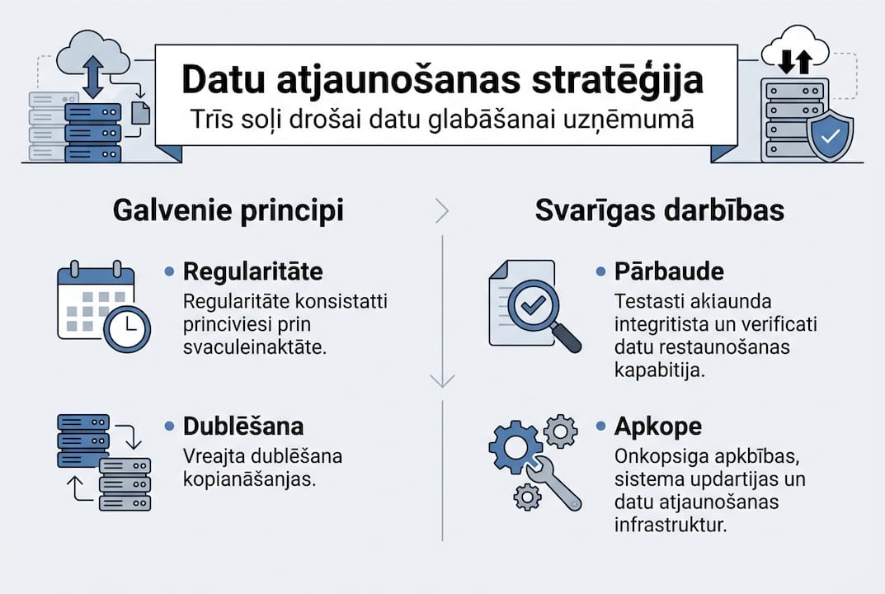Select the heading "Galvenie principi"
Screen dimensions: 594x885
(228, 211)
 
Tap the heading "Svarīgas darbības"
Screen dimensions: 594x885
(659, 211)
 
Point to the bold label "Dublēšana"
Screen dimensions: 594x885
(243, 427)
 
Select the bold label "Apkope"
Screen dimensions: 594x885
(658, 427)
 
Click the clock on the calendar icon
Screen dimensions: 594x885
(127, 328)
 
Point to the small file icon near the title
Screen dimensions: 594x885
(141, 112)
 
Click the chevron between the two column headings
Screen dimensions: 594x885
(442, 212)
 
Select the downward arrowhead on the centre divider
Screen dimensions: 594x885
(442, 380)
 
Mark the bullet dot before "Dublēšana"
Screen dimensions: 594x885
(169, 427)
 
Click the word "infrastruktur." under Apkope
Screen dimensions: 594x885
(671, 525)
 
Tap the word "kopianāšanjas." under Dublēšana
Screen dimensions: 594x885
(250, 479)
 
